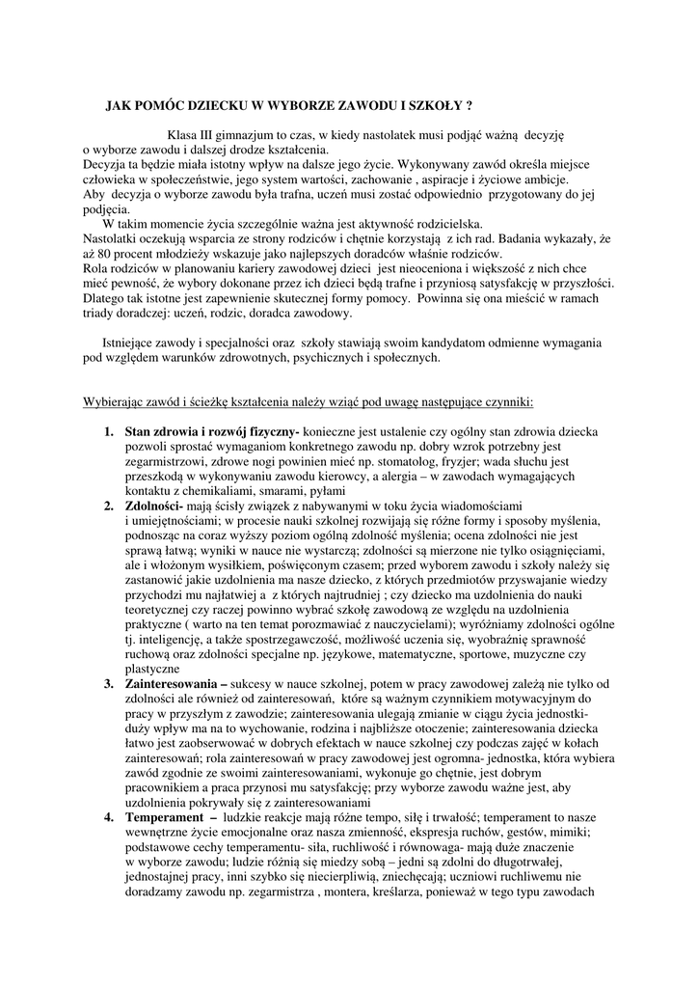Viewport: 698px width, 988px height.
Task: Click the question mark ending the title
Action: [x=469, y=104]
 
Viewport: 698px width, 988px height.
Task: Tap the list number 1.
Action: [x=109, y=431]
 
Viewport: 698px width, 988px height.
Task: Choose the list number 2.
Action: [x=109, y=506]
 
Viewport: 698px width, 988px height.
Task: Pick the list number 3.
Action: [x=109, y=683]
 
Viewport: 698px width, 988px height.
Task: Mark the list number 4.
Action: [x=109, y=817]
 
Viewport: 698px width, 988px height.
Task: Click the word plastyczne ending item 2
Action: [x=152, y=669]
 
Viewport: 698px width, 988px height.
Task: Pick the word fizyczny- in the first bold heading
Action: [x=274, y=431]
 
